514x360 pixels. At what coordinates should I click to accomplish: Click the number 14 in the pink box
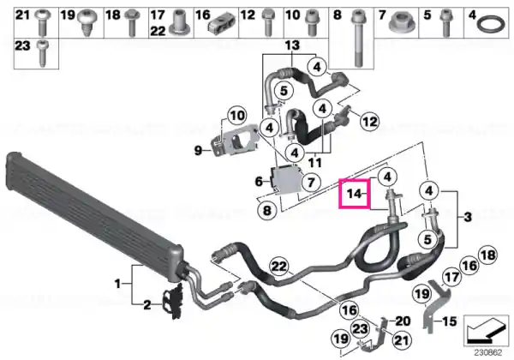click(x=353, y=194)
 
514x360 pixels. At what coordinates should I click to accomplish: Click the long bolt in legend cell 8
click(x=356, y=39)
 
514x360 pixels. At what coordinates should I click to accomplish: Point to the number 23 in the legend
click(x=22, y=46)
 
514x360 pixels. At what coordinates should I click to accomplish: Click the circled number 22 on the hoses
click(x=279, y=267)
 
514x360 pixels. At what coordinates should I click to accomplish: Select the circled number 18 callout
click(x=487, y=255)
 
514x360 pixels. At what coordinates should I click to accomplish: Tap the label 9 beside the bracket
click(x=198, y=151)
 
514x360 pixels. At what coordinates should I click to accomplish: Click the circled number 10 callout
click(x=237, y=116)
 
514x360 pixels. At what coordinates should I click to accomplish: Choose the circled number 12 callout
click(x=369, y=122)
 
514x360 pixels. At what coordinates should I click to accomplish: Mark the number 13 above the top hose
click(x=292, y=45)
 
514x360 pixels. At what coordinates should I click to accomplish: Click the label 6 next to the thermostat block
click(x=259, y=181)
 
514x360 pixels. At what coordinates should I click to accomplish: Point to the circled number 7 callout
click(x=311, y=182)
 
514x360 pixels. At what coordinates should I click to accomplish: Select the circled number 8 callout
click(x=267, y=210)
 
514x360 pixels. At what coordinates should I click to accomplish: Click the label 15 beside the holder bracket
click(x=450, y=321)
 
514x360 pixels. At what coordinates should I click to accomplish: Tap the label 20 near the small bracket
click(x=403, y=321)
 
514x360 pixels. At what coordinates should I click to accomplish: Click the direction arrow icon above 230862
click(x=487, y=330)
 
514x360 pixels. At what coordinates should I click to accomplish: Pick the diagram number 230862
click(x=487, y=353)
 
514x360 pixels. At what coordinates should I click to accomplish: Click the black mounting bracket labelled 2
click(x=172, y=301)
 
